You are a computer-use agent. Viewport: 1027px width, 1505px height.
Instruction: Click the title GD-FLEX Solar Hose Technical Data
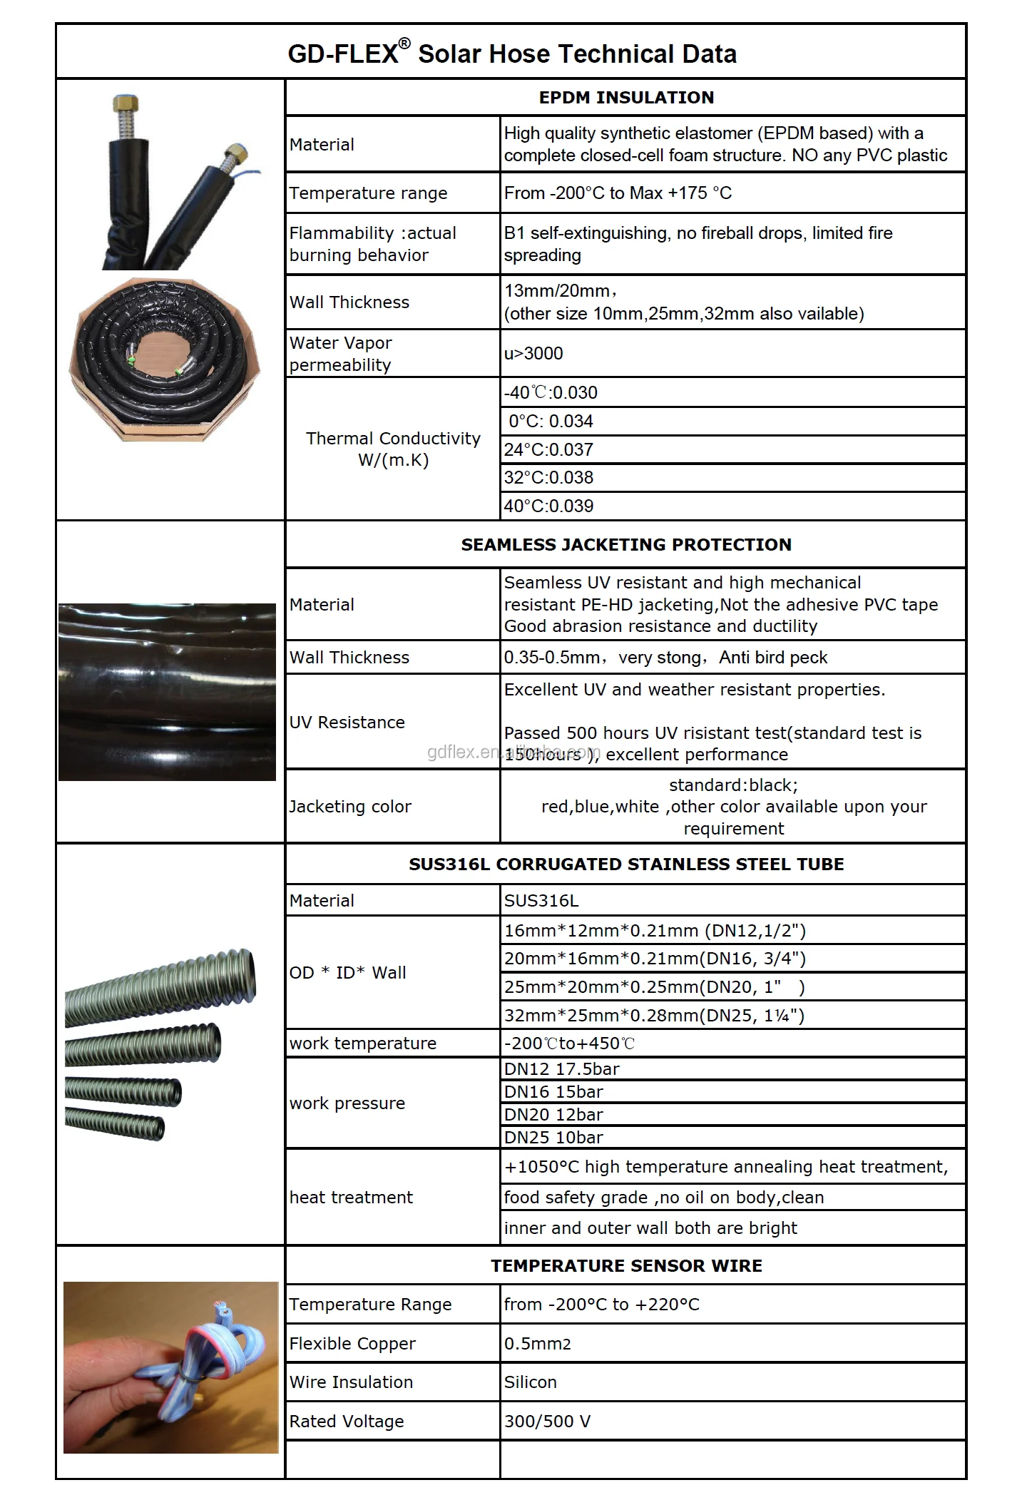point(511,54)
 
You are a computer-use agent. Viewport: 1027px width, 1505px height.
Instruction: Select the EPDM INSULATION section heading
point(625,98)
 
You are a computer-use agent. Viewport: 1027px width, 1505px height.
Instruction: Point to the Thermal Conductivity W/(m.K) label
point(393,449)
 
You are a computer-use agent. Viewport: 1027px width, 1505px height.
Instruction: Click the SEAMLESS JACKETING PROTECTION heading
point(625,544)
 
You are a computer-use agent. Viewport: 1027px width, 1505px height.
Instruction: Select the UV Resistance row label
point(347,722)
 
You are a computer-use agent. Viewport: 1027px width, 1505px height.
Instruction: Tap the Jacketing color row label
point(350,806)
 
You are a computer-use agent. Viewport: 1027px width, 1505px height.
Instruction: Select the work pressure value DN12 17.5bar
point(562,1068)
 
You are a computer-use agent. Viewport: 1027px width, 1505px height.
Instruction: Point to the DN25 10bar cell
point(553,1137)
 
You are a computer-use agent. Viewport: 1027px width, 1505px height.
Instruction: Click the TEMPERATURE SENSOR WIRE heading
point(625,1265)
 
